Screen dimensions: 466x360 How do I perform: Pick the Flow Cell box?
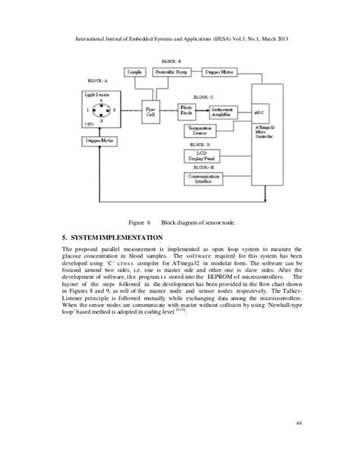pyautogui.click(x=152, y=110)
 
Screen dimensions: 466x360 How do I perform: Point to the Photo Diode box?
pyautogui.click(x=188, y=110)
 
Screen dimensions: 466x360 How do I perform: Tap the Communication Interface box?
pyautogui.click(x=204, y=179)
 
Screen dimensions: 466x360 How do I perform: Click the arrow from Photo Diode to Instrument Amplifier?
pyautogui.click(x=206, y=110)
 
